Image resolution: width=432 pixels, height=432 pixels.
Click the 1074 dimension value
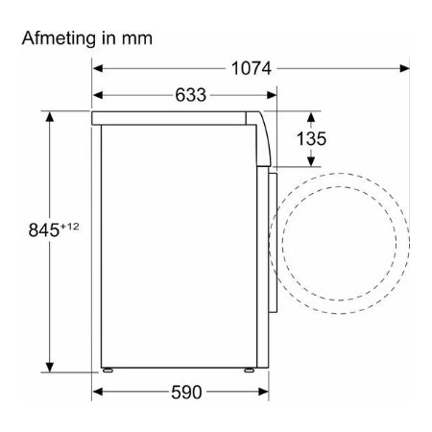[x=252, y=68]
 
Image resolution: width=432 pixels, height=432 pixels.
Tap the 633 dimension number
[x=190, y=95]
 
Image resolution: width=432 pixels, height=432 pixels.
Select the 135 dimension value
[x=311, y=138]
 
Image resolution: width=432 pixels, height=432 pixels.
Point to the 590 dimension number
[x=186, y=392]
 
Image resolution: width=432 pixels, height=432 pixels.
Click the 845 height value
[x=44, y=229]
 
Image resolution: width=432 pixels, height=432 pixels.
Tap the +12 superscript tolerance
[x=69, y=227]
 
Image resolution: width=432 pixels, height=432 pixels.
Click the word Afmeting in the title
[x=59, y=38]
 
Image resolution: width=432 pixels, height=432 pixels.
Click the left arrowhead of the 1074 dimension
[x=98, y=68]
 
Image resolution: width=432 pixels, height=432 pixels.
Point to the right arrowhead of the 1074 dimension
[x=404, y=68]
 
